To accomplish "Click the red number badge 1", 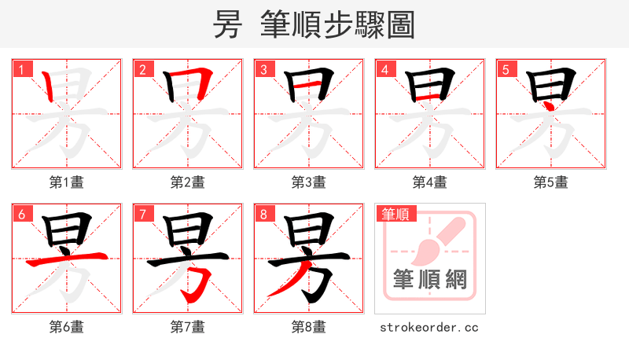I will point(20,68).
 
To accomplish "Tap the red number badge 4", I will point(384,68).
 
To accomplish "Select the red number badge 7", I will point(142,213).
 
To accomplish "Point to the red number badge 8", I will point(263,213).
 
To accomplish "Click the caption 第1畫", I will point(67,182).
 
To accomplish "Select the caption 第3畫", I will point(309,182).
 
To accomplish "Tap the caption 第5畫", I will point(551,182).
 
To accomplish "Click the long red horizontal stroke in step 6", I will point(66,259).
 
